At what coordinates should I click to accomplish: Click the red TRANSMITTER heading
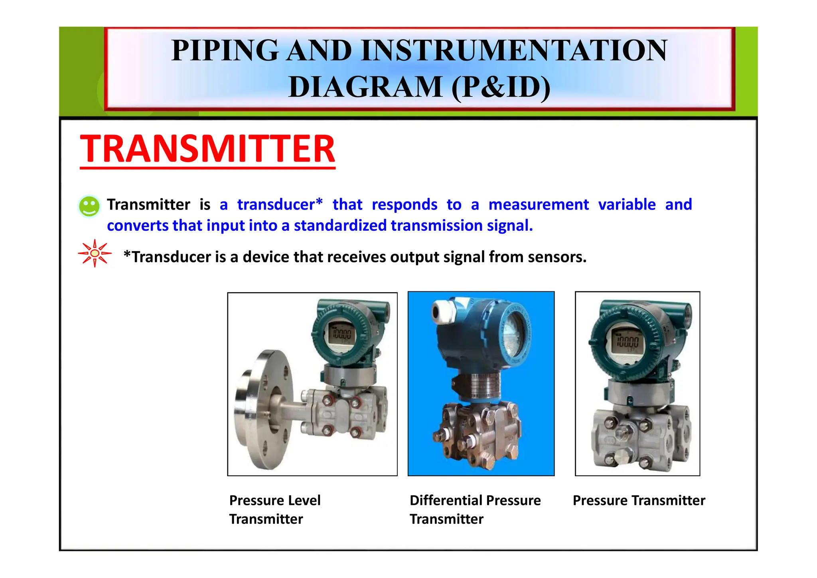pyautogui.click(x=207, y=148)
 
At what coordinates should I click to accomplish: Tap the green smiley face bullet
pyautogui.click(x=89, y=206)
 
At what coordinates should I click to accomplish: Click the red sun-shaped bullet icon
pyautogui.click(x=95, y=253)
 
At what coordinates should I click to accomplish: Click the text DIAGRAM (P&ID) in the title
pyautogui.click(x=419, y=87)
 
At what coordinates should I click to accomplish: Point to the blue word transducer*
pyautogui.click(x=280, y=204)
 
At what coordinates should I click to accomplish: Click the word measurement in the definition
pyautogui.click(x=539, y=204)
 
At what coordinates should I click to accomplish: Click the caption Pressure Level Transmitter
pyautogui.click(x=274, y=509)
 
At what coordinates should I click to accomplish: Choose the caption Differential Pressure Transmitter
pyautogui.click(x=475, y=509)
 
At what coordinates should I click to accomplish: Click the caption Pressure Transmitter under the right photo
pyautogui.click(x=639, y=500)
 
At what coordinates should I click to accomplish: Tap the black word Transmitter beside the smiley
pyautogui.click(x=148, y=204)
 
